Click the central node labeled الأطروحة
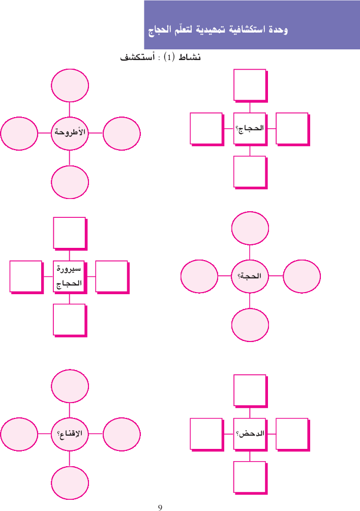pos(70,133)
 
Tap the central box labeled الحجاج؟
pos(250,128)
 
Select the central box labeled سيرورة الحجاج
pos(69,276)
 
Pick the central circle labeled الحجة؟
pos(250,276)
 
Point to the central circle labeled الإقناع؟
pos(70,434)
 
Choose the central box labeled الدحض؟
pos(250,434)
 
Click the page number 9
pos(160,507)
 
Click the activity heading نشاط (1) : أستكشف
pos(160,58)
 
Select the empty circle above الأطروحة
pos(70,85)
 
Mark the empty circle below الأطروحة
pos(70,182)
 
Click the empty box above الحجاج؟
pos(250,84)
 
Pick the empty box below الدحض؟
pos(250,477)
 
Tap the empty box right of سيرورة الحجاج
pos(111,276)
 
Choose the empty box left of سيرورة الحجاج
pos(25,276)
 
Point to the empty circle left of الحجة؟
pos(199,276)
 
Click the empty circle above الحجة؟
pos(250,228)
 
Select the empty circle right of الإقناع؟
pos(122,434)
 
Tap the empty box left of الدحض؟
pos(206,434)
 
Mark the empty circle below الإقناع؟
pos(70,482)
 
